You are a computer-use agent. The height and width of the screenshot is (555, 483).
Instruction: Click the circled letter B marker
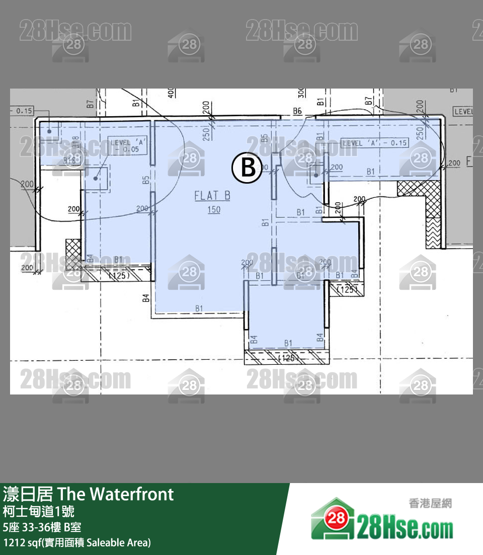point(248,168)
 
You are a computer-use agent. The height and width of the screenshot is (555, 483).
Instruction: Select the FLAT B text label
point(212,196)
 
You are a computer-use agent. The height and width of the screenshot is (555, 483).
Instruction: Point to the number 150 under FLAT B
point(214,209)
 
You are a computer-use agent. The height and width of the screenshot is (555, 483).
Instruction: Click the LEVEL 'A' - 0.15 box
point(374,143)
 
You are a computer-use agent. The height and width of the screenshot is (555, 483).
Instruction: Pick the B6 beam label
point(297,111)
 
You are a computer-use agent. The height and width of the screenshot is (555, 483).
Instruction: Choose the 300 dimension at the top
point(301,94)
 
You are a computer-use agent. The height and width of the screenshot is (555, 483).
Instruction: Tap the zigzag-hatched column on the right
point(433,232)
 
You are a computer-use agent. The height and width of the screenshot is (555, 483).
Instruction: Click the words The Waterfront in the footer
point(116,494)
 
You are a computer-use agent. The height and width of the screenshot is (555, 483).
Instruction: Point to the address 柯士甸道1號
point(39,512)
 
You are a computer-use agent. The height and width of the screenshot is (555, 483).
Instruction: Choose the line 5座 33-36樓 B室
point(42,527)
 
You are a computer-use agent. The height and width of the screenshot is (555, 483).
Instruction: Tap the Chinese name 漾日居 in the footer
point(28,494)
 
